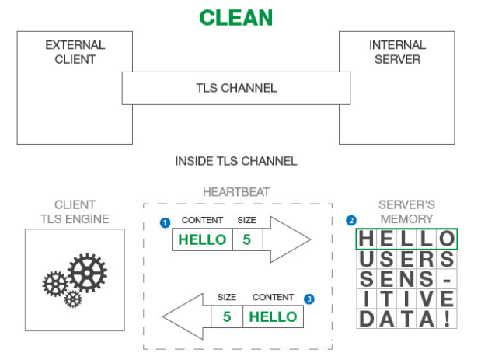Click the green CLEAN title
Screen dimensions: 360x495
tap(235, 17)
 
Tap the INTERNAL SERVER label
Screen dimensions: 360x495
tap(396, 52)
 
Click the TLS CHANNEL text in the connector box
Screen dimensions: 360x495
tap(235, 88)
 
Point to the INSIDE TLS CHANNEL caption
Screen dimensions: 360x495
tap(235, 162)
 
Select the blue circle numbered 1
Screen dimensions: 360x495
tap(165, 222)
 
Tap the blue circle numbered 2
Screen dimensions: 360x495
tap(350, 220)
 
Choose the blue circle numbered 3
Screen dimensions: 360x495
tap(309, 299)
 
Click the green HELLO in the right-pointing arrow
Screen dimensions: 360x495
tap(202, 239)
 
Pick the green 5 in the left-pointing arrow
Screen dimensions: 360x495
tap(227, 316)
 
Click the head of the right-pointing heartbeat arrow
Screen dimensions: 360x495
tap(291, 239)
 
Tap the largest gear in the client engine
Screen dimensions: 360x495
tap(86, 272)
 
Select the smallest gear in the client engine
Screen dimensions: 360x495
tap(72, 299)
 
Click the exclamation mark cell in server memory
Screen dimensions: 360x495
tap(447, 319)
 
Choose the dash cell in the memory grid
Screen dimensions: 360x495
tap(447, 278)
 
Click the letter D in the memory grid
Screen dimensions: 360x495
tap(366, 319)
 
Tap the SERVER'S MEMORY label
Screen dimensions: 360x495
tap(406, 211)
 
